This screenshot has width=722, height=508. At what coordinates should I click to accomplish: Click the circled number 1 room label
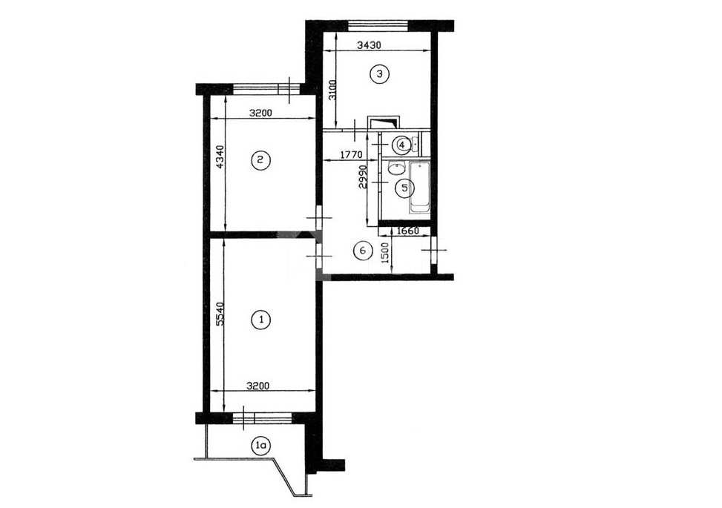[261, 320]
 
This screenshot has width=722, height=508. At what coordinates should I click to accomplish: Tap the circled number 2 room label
[260, 160]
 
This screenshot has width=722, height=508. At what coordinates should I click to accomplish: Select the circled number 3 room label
[379, 73]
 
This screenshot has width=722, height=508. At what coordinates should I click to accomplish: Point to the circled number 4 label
[402, 145]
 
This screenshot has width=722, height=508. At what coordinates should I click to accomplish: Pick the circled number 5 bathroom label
[404, 188]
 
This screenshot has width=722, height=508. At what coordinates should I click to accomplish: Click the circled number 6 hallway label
[362, 251]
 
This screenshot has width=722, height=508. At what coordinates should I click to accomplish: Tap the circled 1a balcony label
[260, 446]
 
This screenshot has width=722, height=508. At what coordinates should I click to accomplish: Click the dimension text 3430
[370, 45]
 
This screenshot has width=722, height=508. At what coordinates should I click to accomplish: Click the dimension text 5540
[220, 314]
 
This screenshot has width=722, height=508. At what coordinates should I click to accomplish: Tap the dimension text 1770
[351, 155]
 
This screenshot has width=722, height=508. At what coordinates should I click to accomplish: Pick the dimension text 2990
[363, 177]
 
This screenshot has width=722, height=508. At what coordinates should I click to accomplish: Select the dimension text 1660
[407, 231]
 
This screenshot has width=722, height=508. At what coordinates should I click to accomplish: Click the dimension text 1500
[386, 253]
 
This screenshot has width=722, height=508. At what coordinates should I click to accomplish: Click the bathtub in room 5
[419, 187]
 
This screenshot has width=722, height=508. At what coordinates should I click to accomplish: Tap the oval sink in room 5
[396, 168]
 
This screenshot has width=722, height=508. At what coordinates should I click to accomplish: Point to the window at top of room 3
[378, 25]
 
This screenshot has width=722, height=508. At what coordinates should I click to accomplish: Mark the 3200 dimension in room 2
[260, 113]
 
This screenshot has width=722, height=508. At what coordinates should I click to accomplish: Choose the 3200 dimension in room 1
[258, 386]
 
